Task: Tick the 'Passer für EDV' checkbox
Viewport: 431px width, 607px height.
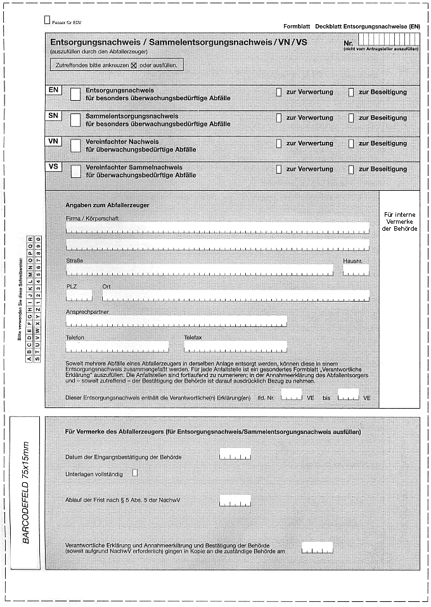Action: (48, 20)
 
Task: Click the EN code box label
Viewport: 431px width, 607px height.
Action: (54, 91)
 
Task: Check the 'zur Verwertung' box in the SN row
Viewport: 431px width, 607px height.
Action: (279, 118)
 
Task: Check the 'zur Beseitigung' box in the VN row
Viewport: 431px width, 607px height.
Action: (351, 143)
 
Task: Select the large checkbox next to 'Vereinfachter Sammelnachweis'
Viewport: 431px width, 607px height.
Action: (75, 171)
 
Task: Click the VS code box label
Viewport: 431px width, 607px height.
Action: (54, 167)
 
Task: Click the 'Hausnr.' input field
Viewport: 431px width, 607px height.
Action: (356, 271)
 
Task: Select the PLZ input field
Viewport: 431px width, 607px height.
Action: (79, 295)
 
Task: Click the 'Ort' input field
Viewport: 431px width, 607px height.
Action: (235, 295)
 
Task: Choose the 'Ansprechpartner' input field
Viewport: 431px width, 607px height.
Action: (176, 321)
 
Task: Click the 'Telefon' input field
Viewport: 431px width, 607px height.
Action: (117, 347)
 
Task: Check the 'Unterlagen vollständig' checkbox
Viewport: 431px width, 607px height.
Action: (134, 472)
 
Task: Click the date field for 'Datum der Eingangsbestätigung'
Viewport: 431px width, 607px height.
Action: (235, 454)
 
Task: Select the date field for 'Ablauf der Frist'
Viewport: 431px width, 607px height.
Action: (235, 501)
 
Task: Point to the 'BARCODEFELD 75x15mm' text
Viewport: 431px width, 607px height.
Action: (26, 486)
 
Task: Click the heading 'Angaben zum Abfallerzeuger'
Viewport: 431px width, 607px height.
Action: (108, 205)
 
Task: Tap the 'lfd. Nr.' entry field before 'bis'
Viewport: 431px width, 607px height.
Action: (292, 395)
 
